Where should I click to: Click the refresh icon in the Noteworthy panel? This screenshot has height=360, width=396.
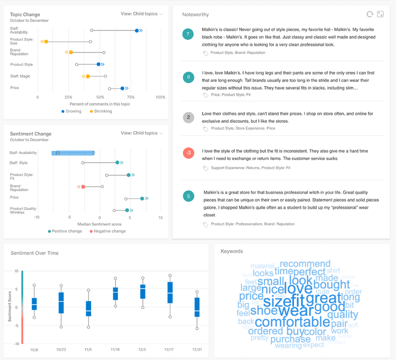tap(369, 14)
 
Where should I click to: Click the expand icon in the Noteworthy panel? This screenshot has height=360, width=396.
tap(380, 14)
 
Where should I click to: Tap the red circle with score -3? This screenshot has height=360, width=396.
tap(188, 153)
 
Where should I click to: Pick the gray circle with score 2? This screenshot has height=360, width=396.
tap(188, 117)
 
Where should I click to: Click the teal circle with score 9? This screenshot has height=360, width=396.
tap(188, 77)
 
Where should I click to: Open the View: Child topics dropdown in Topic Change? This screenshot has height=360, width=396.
tap(142, 14)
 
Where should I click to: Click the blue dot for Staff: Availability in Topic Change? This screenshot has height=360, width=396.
tap(137, 31)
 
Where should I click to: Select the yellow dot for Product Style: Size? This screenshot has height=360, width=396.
tap(46, 42)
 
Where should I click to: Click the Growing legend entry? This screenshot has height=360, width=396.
tap(71, 111)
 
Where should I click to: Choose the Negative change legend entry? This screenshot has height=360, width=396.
tap(109, 231)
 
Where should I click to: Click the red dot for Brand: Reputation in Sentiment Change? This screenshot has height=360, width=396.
tap(83, 187)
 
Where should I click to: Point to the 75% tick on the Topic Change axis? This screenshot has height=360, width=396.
tap(131, 97)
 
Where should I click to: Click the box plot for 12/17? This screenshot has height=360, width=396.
tap(170, 292)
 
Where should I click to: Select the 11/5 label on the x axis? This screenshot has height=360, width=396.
tap(89, 349)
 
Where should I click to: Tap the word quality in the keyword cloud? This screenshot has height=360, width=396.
tap(342, 314)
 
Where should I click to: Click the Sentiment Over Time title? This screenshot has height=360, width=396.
tap(35, 253)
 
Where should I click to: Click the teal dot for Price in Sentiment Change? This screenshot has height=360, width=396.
tap(142, 199)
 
